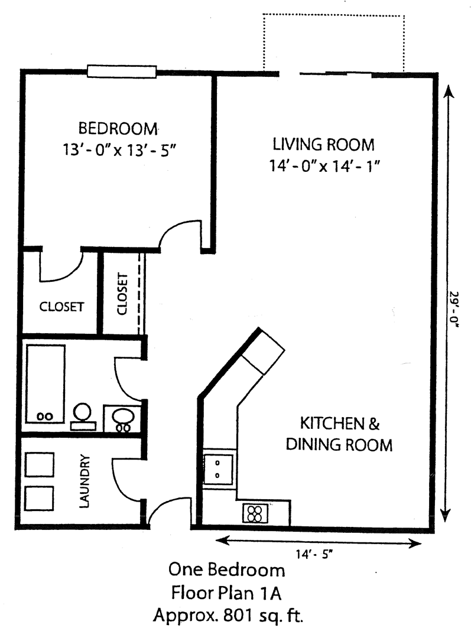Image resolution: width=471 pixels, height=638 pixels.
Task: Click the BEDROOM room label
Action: (118, 128)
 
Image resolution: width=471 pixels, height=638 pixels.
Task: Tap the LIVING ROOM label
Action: (323, 145)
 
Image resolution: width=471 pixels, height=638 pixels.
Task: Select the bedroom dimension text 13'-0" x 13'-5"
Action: (119, 149)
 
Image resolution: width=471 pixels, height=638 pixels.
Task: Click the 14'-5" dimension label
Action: (314, 554)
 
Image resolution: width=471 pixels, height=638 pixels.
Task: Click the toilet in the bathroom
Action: (83, 416)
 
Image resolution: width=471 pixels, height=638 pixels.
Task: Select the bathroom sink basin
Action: (122, 419)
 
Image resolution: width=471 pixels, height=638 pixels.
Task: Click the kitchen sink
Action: (219, 469)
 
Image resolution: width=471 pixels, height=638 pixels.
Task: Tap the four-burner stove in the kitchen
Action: (255, 513)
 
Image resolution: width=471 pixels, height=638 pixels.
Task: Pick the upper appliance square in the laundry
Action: (40, 464)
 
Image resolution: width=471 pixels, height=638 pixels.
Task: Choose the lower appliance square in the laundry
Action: (40, 498)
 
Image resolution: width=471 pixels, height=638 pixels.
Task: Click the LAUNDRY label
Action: (84, 481)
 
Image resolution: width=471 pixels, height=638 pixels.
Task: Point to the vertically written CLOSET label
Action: (122, 294)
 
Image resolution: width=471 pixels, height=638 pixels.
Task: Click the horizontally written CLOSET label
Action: (61, 307)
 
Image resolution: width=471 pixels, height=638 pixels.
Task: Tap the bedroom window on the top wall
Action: (122, 71)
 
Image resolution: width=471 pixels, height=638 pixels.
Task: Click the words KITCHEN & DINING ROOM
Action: (339, 434)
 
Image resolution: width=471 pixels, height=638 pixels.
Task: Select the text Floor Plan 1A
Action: (226, 593)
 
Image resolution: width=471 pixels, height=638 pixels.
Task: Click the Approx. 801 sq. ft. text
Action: (228, 616)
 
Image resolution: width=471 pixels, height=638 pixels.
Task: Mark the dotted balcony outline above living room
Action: (333, 15)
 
